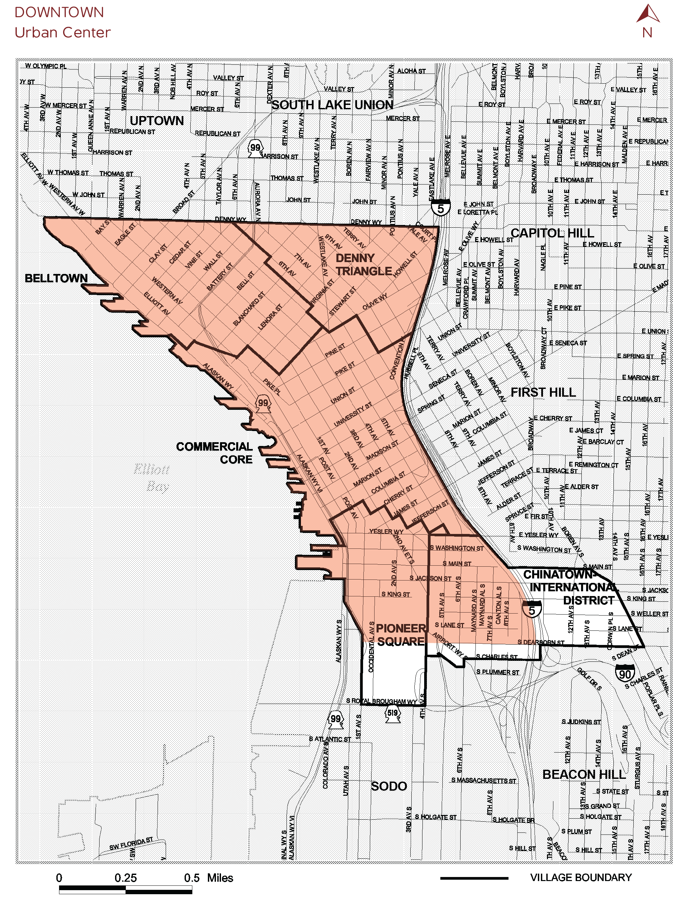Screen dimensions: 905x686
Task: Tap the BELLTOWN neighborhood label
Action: tap(56, 278)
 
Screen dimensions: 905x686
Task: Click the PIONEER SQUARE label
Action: tap(401, 634)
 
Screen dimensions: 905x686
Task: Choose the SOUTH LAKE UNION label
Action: tap(332, 105)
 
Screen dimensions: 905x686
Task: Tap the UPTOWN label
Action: tap(157, 121)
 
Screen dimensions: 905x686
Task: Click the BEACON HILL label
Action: tap(584, 774)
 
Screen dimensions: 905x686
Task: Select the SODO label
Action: tap(389, 786)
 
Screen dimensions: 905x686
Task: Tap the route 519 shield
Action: tap(392, 713)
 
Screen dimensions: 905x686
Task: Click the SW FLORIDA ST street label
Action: tap(131, 844)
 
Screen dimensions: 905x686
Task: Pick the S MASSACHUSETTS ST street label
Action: tap(484, 780)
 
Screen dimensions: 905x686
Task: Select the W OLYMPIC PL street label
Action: tap(46, 66)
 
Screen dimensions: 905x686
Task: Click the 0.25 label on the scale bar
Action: tap(126, 878)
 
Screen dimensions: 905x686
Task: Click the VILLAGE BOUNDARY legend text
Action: tap(580, 877)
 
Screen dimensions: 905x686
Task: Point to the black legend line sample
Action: tap(474, 878)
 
